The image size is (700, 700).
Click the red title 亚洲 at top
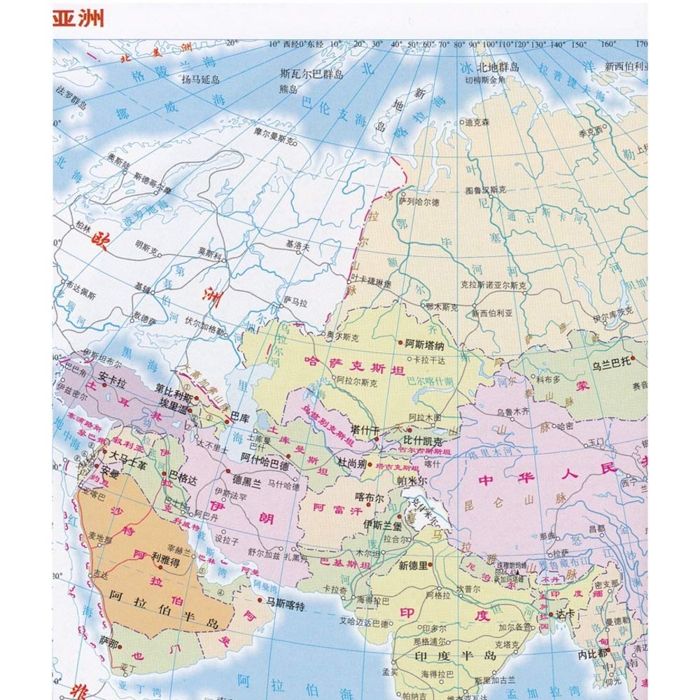[x=79, y=19]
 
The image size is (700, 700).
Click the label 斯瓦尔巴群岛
[x=311, y=73]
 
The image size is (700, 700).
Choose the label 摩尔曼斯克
[x=276, y=131]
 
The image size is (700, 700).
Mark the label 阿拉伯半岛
[x=164, y=619]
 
